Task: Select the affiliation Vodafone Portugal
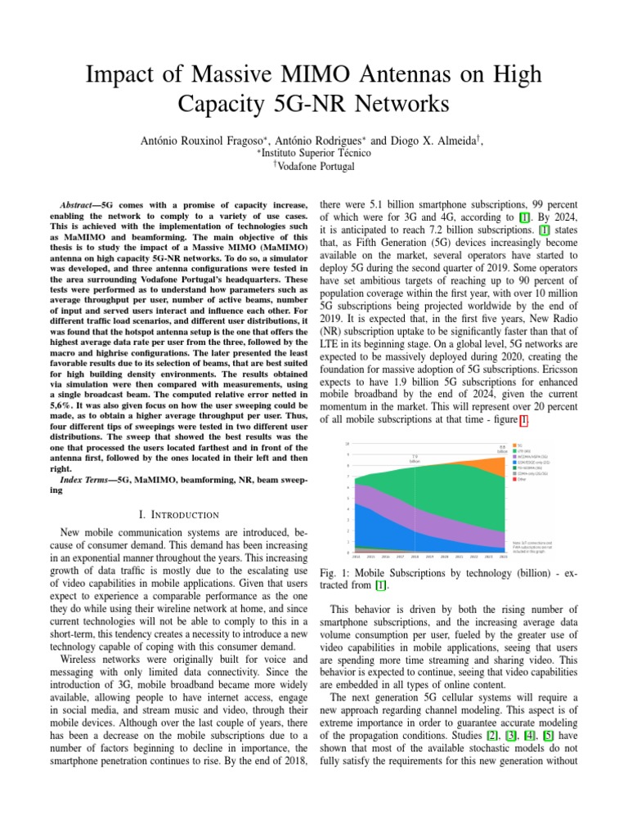click(316, 166)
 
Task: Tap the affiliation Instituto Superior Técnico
click(316, 153)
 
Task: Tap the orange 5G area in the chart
click(492, 467)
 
